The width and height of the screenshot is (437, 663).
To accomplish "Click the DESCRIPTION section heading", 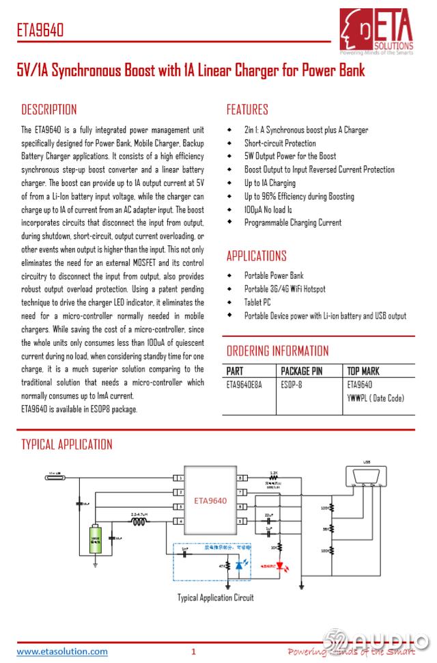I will coord(49,109).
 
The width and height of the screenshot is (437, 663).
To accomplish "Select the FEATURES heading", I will coord(247,109).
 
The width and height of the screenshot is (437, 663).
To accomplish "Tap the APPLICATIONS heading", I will coord(256,256).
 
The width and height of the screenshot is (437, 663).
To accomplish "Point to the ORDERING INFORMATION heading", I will coord(277,351).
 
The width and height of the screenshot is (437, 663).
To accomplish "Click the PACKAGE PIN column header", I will coord(302,371).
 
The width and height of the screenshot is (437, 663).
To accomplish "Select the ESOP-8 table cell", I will coord(292,385).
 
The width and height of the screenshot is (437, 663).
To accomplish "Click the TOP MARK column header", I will coord(363,371).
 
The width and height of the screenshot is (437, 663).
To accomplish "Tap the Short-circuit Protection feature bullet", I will coord(280,143).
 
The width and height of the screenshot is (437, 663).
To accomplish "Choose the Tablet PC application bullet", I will coord(257,302).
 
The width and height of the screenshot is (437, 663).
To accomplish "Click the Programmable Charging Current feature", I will coord(292,222).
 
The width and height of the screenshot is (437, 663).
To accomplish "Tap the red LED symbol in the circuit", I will coord(279,567).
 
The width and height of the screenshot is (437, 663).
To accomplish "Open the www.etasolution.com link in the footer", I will coord(61,651).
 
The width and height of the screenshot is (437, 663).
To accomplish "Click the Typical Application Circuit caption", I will coord(215,598).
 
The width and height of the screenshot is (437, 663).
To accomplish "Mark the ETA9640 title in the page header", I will coord(40,31).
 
